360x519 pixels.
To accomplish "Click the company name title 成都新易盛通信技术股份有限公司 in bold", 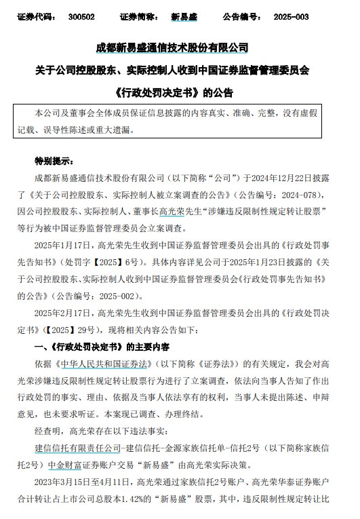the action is pos(180,48).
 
